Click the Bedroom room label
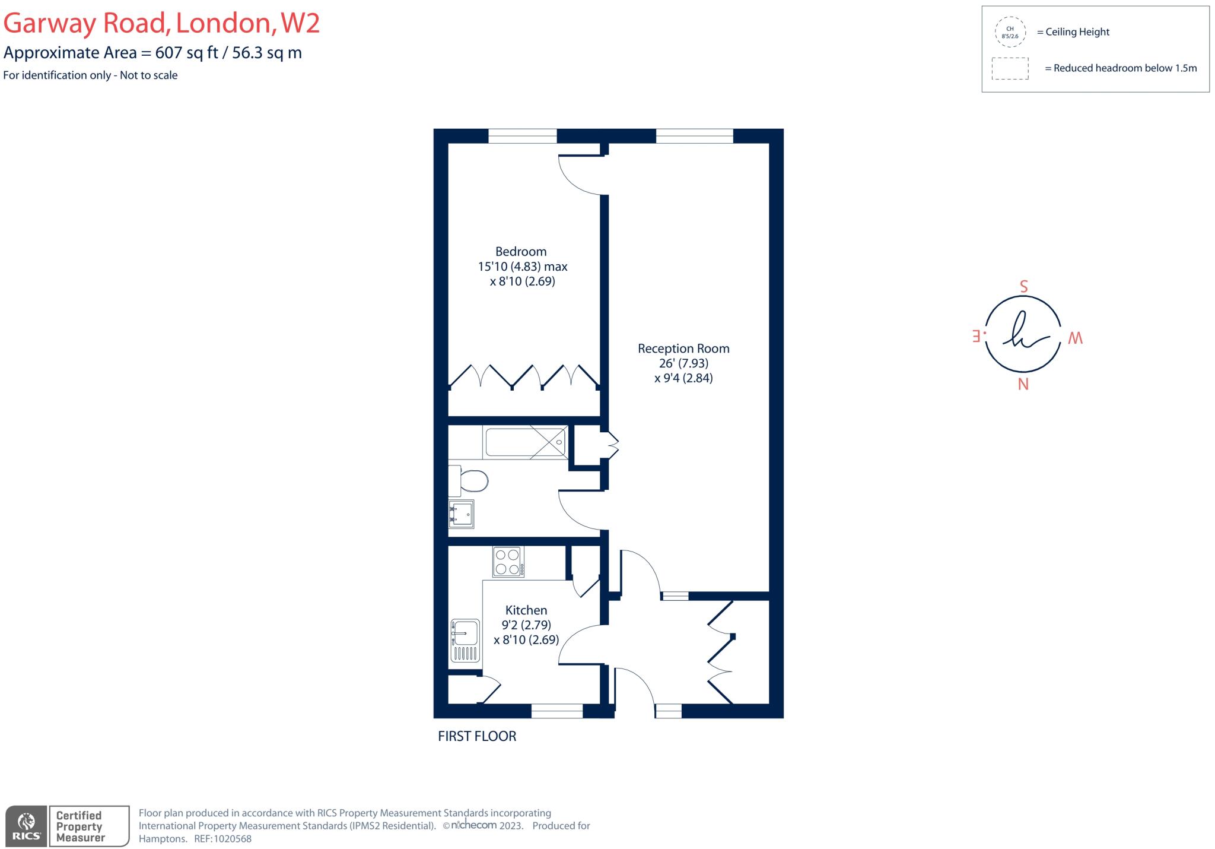[x=521, y=252]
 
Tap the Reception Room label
[x=683, y=349]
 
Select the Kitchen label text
[x=526, y=610]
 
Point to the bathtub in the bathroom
[x=525, y=443]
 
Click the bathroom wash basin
[x=462, y=514]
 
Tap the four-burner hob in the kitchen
[x=508, y=562]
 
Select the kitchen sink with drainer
[x=465, y=641]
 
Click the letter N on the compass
[x=1023, y=385]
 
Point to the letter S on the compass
[x=1023, y=287]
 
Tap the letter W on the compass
[x=1075, y=338]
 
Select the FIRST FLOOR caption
[x=477, y=736]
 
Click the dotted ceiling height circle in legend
[x=1010, y=32]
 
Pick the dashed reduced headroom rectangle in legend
[x=1010, y=68]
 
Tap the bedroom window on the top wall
[x=522, y=137]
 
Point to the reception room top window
[x=694, y=137]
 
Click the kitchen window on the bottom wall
[x=556, y=711]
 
